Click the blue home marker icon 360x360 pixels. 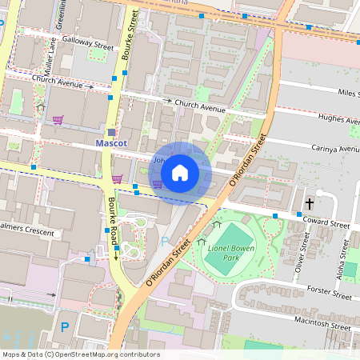tap(180, 173)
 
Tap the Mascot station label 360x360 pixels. tap(110, 144)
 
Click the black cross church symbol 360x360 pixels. tap(309, 205)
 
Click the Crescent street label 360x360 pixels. tap(40, 233)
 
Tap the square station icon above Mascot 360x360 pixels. tap(111, 132)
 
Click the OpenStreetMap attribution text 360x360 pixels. tap(80, 354)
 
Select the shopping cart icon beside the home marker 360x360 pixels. tap(158, 184)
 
